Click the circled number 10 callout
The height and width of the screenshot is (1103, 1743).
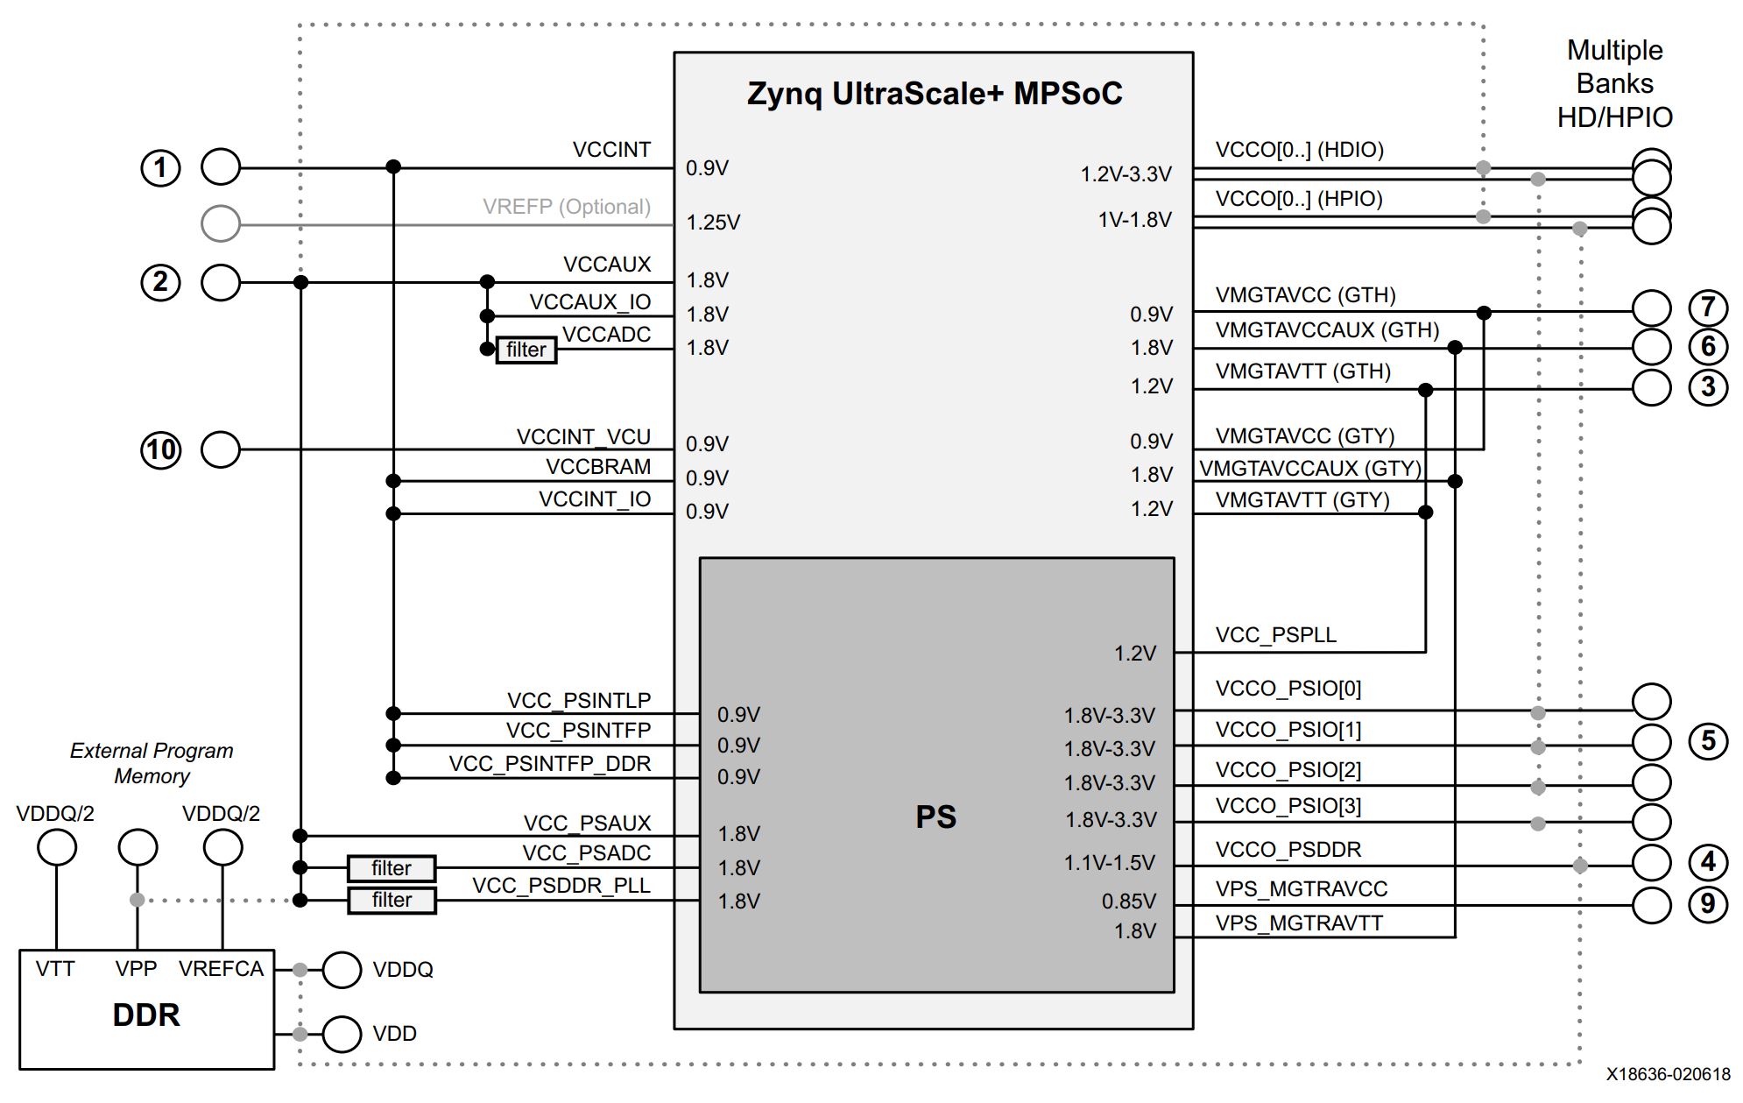click(x=160, y=449)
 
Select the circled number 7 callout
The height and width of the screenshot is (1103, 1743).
click(x=1708, y=308)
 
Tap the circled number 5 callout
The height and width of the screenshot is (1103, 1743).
click(x=1708, y=741)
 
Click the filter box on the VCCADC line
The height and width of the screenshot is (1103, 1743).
click(x=526, y=350)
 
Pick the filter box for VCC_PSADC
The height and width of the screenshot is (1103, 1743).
click(x=392, y=868)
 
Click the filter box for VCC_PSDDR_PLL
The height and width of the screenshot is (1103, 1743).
click(x=392, y=901)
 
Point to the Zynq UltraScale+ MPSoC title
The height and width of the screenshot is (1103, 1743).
click(x=935, y=94)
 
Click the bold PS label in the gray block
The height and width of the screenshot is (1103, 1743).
click(x=935, y=817)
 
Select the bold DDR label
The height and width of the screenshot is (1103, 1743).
click(x=146, y=1015)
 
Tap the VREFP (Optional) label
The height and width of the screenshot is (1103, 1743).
click(x=567, y=207)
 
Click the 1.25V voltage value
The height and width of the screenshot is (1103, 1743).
click(x=713, y=223)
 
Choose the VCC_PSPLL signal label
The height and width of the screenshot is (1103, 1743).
click(x=1275, y=635)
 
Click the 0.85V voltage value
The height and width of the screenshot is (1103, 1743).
click(x=1129, y=901)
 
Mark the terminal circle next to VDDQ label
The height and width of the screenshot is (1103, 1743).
click(x=342, y=970)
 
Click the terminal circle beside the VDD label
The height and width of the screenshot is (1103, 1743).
click(x=342, y=1034)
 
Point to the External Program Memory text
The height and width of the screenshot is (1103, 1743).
click(x=152, y=763)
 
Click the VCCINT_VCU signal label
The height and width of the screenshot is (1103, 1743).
click(x=583, y=436)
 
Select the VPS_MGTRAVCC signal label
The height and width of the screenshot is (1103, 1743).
click(x=1301, y=889)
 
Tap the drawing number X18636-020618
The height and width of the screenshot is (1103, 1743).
click(x=1668, y=1074)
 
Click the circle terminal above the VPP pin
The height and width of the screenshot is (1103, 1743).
click(x=138, y=847)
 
